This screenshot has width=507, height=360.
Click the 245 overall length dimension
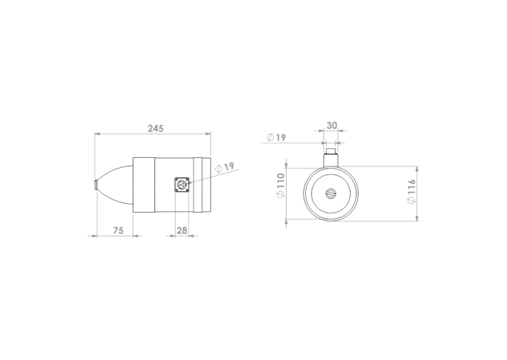pos(155,128)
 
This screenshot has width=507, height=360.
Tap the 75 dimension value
pos(118,230)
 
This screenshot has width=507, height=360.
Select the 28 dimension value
pos(182,230)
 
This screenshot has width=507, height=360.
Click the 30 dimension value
pos(331,125)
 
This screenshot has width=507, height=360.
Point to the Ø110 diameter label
pos(281,186)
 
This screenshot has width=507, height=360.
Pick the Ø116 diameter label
pos(411,191)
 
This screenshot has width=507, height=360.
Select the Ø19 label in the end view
pos(277,137)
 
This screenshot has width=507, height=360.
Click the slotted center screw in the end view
pos(331,193)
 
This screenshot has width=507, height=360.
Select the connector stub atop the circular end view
pos(331,157)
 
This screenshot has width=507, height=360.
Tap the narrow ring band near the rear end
pos(199,185)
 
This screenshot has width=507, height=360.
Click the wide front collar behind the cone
pos(143,185)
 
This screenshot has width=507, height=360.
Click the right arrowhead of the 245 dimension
pos(209,134)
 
